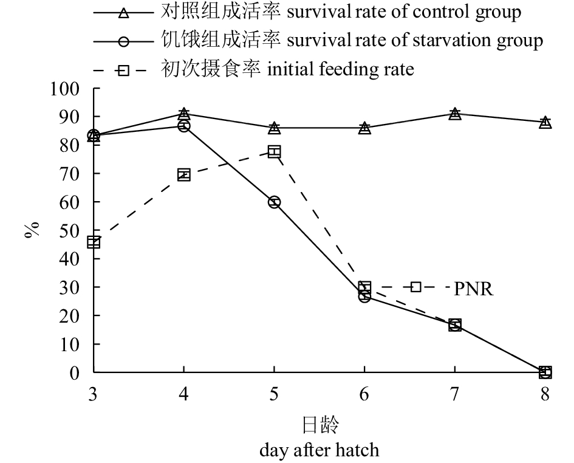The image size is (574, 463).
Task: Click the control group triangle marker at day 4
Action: point(184,114)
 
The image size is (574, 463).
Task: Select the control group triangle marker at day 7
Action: point(455,114)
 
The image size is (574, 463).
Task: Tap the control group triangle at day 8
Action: point(545,122)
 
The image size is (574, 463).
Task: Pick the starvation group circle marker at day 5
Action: point(275,202)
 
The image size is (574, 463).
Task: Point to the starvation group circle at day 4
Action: point(184,126)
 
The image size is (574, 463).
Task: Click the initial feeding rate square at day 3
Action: point(94,242)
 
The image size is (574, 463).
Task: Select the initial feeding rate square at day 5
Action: point(275,151)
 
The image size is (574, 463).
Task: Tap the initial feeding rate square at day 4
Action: point(184,175)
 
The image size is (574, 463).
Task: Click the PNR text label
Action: point(474,289)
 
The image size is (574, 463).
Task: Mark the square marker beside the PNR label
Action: point(416,287)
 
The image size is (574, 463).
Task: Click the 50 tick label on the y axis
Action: point(70,230)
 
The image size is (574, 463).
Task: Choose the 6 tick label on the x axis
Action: point(364,394)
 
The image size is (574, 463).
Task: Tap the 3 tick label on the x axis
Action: point(94,394)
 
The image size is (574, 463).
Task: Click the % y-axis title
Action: point(32,230)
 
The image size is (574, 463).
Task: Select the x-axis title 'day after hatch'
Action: point(319,450)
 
